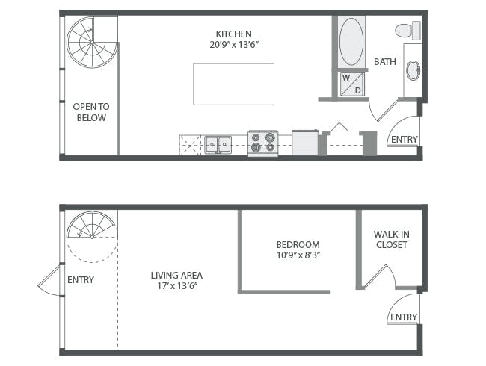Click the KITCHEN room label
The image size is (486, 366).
(233, 34)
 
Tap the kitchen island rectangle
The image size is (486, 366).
(233, 84)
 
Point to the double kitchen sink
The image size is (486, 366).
(218, 144)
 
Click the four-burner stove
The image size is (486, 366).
(262, 143)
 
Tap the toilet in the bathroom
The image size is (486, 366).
(408, 31)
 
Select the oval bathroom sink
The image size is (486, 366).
(413, 71)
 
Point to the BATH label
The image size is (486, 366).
(385, 62)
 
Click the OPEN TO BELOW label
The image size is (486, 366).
(90, 112)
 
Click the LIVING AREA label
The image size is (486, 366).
(176, 275)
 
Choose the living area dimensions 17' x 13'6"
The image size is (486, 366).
(176, 287)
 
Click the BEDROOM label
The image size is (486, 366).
(298, 244)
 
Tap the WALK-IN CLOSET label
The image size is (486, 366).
(391, 239)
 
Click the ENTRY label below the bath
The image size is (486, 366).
(404, 140)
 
